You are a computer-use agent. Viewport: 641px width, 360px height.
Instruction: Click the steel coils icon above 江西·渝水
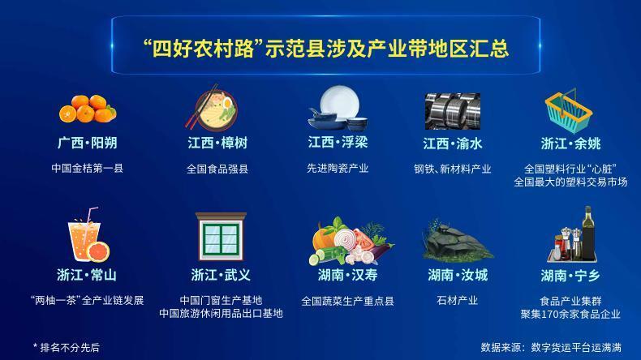click(453, 110)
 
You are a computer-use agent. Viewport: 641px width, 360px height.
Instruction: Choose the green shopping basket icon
click(570, 110)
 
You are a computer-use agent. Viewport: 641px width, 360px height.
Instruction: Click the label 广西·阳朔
click(87, 144)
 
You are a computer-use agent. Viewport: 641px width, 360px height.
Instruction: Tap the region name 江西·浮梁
click(338, 144)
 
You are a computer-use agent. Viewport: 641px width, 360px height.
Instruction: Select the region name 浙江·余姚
click(570, 144)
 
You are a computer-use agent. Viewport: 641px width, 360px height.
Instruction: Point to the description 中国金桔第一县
click(87, 169)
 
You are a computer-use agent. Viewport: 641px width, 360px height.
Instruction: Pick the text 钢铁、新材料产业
click(453, 169)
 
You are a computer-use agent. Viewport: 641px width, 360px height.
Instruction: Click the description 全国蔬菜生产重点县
click(347, 300)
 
